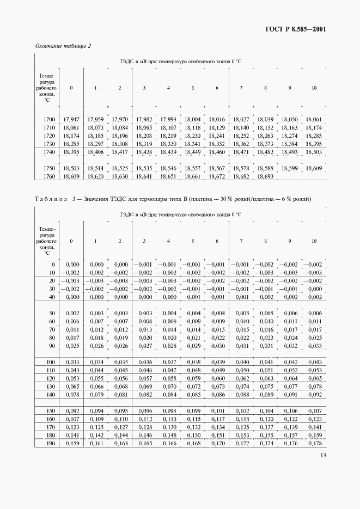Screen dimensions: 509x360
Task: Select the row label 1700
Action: click(x=48, y=119)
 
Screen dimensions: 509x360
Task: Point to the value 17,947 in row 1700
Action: click(x=71, y=119)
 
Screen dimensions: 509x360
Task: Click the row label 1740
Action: click(x=48, y=152)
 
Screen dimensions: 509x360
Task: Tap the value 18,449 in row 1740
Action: click(x=192, y=152)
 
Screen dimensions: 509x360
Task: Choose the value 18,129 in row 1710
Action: click(x=217, y=127)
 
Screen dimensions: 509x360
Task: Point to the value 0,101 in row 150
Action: click(x=217, y=411)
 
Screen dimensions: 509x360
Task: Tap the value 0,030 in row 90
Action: click(x=217, y=346)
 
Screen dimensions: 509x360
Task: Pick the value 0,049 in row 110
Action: click(x=217, y=370)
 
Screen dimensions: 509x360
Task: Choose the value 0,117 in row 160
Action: click(x=217, y=419)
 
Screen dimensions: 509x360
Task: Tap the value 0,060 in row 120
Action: click(x=217, y=378)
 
